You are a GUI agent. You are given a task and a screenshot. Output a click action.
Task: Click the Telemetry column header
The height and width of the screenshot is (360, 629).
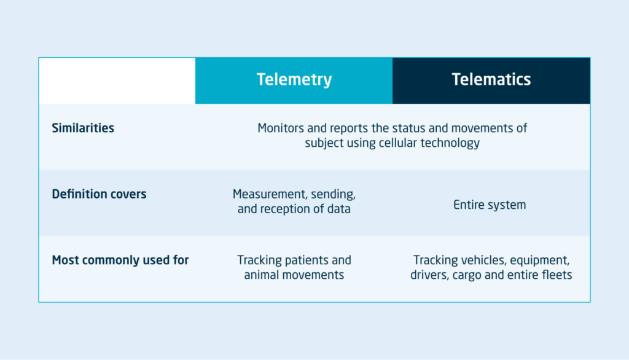coord(294,80)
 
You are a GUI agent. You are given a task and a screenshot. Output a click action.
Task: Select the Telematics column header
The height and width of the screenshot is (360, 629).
coord(491,80)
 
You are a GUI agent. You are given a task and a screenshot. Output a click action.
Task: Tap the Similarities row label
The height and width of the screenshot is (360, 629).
coord(83,128)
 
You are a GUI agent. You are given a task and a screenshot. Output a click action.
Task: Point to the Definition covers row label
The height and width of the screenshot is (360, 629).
coord(99,194)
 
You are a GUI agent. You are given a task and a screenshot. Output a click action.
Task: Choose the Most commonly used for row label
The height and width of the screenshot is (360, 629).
coord(120,260)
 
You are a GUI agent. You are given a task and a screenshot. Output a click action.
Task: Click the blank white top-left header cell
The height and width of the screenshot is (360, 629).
coord(117,80)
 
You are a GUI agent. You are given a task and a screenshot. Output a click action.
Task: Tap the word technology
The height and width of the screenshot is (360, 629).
coord(448,143)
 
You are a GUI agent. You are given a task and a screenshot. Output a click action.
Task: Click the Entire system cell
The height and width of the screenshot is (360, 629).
coord(490,205)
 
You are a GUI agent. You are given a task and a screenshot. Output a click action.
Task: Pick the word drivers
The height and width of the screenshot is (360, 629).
coord(429,275)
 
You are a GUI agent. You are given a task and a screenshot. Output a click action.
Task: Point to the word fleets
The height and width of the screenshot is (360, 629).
coord(555,275)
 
